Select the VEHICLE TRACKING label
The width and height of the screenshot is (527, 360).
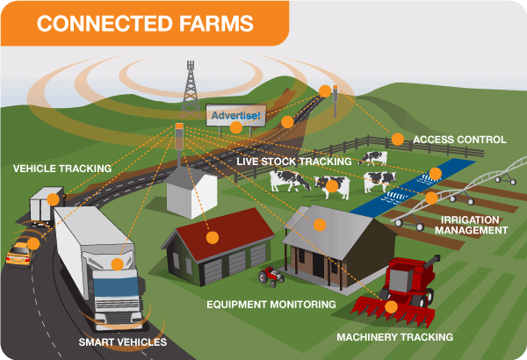61,168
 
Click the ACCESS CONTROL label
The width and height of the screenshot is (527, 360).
458,140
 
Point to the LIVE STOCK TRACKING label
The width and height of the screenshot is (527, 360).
295,162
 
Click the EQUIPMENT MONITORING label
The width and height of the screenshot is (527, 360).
271,304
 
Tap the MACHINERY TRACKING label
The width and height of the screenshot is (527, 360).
394,336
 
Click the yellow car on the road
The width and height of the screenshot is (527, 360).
20,253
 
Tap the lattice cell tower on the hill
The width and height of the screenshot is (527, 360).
189,88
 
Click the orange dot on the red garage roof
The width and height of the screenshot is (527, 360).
212,236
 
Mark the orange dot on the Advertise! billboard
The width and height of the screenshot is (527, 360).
235,127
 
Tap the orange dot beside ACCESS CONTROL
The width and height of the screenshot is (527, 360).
397,139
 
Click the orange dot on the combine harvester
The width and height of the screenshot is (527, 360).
391,307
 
